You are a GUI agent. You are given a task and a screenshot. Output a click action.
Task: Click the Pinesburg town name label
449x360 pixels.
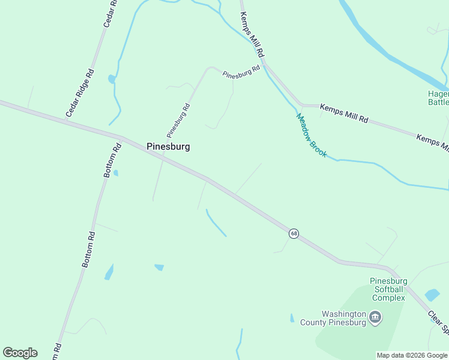[x=168, y=146]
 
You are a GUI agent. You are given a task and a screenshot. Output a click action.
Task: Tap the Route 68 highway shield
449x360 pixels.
[x=294, y=233]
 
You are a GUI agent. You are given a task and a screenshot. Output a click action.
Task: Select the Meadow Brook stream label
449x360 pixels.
[x=312, y=136]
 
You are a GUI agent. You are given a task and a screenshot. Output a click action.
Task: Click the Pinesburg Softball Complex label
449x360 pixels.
[x=388, y=289]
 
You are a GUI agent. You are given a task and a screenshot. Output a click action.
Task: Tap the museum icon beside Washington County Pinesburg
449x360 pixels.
[x=375, y=317]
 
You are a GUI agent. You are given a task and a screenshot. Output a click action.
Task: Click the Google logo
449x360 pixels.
[x=20, y=353]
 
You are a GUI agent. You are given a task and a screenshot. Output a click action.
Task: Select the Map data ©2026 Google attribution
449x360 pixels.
[x=412, y=355]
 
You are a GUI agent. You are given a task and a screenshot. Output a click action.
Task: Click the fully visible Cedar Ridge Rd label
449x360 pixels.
[x=80, y=93]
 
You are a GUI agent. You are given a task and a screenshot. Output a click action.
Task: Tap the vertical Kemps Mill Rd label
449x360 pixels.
[x=252, y=34]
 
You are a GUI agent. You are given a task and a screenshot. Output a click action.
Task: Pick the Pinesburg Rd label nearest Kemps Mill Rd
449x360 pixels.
[x=241, y=72]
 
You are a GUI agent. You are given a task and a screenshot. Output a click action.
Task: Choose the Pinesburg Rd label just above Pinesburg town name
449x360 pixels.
[x=178, y=121]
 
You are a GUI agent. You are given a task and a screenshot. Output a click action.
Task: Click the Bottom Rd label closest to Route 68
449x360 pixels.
[x=112, y=160]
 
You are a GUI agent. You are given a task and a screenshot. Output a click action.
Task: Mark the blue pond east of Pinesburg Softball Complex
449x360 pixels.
[x=432, y=295]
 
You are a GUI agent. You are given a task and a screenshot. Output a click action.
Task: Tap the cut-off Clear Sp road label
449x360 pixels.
[x=438, y=322]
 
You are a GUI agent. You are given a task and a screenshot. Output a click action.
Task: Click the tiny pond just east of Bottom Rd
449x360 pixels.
[x=115, y=173]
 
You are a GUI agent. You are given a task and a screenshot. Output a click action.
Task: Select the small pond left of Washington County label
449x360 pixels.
[x=292, y=318]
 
